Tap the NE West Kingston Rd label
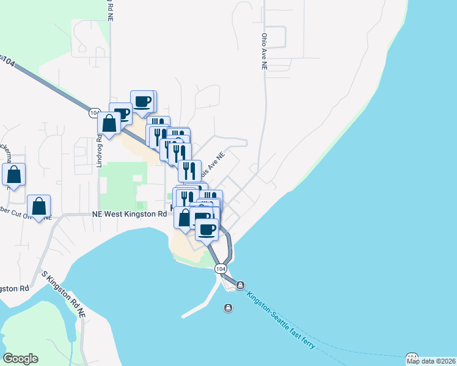130,214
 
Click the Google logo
20,359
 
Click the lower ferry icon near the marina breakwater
228,307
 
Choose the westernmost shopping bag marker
14,174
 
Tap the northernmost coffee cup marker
143,101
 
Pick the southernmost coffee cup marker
207,229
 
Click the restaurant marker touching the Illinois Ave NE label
190,171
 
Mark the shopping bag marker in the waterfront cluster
185,217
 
